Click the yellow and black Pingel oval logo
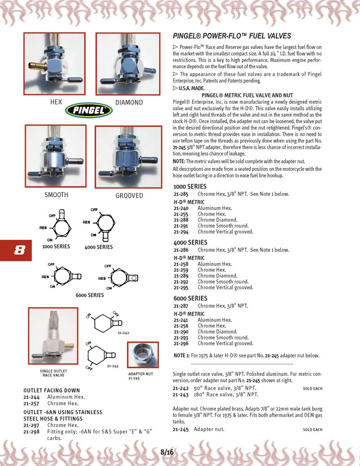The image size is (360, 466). [89, 110]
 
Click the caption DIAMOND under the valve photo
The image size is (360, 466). [129, 103]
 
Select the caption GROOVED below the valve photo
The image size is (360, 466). [129, 195]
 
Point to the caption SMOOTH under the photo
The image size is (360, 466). [57, 195]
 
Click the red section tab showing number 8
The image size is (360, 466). [16, 250]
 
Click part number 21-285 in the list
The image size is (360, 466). [181, 194]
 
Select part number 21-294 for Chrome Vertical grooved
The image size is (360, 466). [181, 232]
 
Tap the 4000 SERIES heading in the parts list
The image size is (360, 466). [190, 242]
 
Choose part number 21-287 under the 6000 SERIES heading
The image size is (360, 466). [181, 306]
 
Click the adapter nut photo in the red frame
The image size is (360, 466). [143, 355]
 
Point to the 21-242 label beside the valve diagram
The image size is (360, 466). [123, 333]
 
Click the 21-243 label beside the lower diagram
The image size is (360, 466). [113, 366]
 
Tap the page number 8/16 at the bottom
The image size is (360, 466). [167, 453]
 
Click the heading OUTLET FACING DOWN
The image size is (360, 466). [52, 391]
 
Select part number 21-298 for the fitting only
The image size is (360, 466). [31, 431]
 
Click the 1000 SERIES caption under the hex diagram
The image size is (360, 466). [56, 246]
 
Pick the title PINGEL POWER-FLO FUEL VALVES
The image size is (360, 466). [232, 36]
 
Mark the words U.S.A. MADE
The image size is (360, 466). [192, 88]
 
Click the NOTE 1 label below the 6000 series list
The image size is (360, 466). [181, 356]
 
